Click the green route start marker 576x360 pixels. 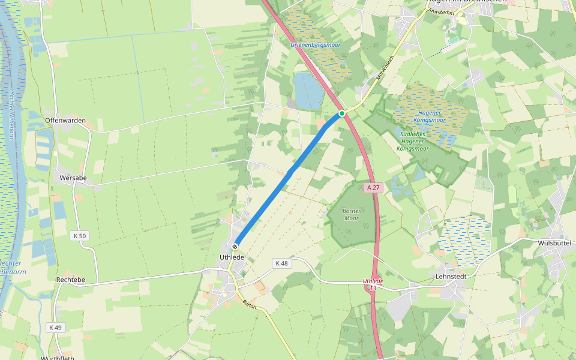coord(341,113)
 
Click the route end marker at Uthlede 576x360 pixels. coord(235,247)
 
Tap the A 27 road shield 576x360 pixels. coord(373,187)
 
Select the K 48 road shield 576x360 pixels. coord(281,263)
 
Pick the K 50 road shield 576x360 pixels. coord(79,236)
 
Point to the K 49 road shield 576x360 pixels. coord(55,327)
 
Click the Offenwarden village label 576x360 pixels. coord(65,121)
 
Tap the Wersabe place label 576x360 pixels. coord(74,178)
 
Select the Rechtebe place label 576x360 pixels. coord(70,280)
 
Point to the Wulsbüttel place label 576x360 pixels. coord(553,243)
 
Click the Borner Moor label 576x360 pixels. coord(350,214)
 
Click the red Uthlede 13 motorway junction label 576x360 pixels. coord(373,284)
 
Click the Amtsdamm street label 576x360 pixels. coord(440,12)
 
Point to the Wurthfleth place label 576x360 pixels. coord(58,358)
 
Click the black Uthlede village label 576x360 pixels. coord(232,257)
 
